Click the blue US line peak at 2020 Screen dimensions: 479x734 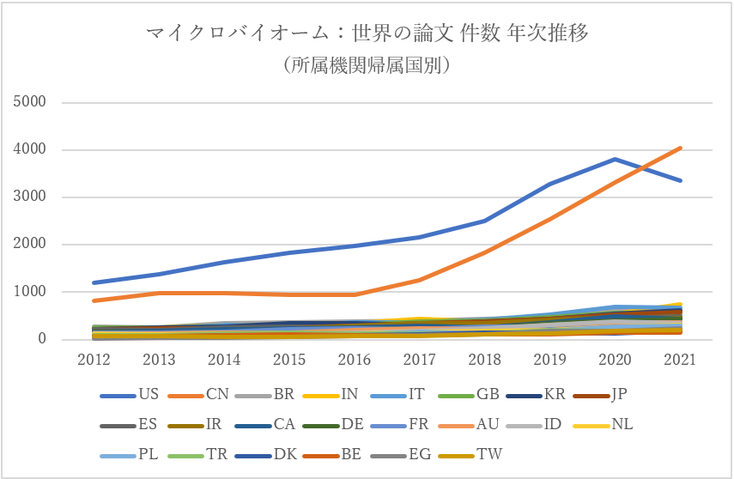616,159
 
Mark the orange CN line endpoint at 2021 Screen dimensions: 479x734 681,148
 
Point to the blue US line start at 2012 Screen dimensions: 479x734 94,282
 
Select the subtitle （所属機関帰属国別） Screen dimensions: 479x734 367,64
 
